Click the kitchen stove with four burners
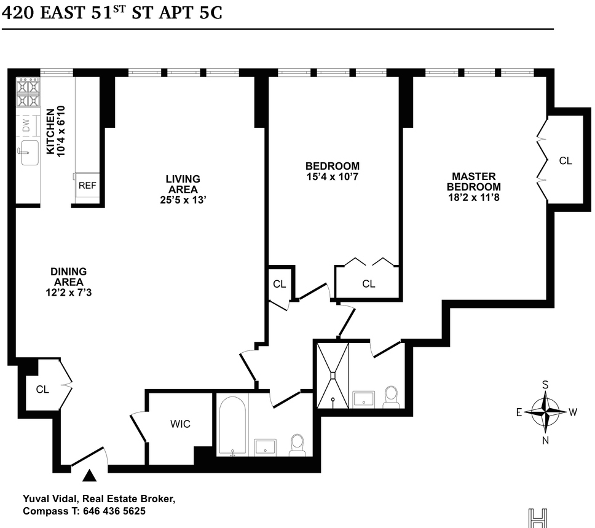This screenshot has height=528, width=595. pyautogui.click(x=28, y=92)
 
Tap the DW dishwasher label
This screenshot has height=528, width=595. pyautogui.click(x=26, y=125)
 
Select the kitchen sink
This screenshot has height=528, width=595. pyautogui.click(x=30, y=152)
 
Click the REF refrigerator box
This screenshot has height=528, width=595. pyautogui.click(x=87, y=185)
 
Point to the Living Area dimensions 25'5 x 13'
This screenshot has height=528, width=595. pyautogui.click(x=183, y=200)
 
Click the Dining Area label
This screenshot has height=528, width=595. pyautogui.click(x=69, y=277)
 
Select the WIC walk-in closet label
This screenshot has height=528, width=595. pyautogui.click(x=180, y=424)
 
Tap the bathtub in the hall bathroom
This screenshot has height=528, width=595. pyautogui.click(x=232, y=425)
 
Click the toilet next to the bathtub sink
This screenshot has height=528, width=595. pyautogui.click(x=297, y=445)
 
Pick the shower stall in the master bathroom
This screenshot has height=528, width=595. pyautogui.click(x=333, y=376)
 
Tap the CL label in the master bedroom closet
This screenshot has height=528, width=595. pyautogui.click(x=565, y=161)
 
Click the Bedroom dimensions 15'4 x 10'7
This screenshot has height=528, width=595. pyautogui.click(x=333, y=177)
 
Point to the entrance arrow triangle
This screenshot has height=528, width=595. pyautogui.click(x=90, y=476)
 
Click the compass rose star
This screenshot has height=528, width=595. pyautogui.click(x=545, y=412)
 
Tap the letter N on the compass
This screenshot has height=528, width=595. pyautogui.click(x=545, y=440)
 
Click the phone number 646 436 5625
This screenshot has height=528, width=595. pyautogui.click(x=114, y=511)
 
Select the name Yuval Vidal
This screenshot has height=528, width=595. pyautogui.click(x=50, y=498)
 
